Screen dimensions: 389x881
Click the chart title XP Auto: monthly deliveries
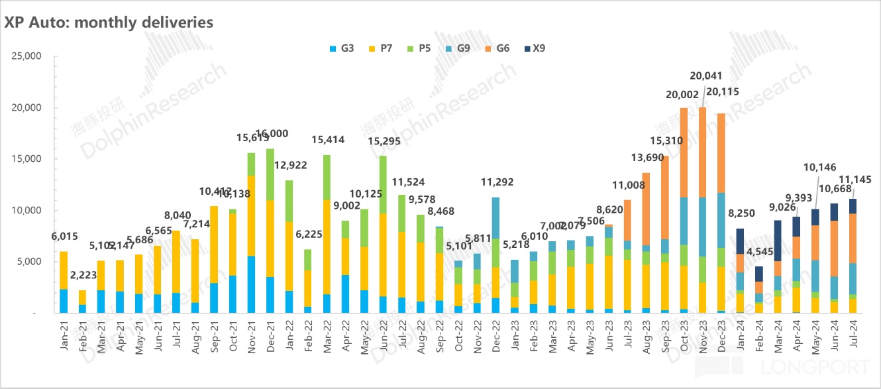(x=109, y=23)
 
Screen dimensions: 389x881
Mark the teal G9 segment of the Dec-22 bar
(x=495, y=218)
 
